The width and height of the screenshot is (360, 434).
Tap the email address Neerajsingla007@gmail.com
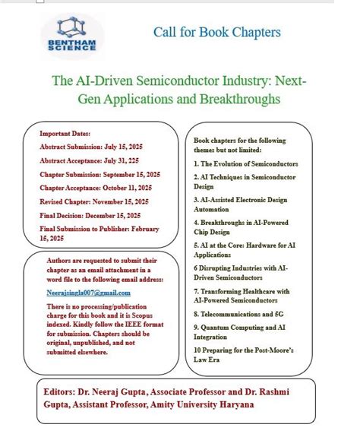tap(89, 293)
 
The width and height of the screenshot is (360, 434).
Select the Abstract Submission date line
tap(91, 146)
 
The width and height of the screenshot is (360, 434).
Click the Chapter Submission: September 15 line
tap(99, 174)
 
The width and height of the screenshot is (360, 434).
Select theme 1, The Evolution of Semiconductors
tap(245, 163)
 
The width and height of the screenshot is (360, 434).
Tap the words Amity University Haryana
tap(207, 404)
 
